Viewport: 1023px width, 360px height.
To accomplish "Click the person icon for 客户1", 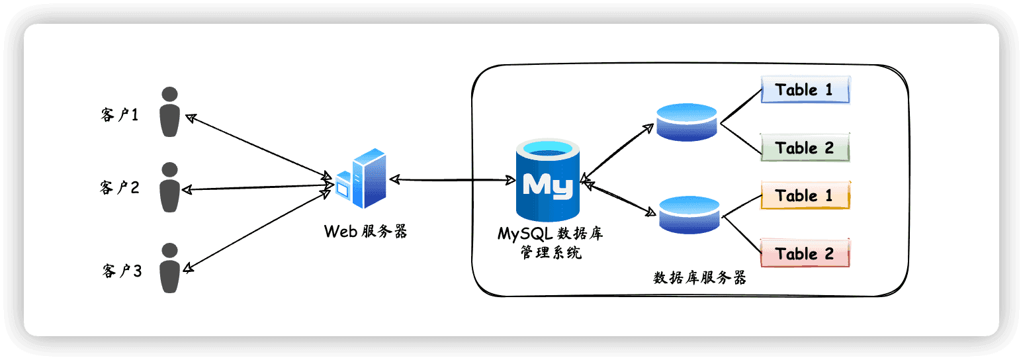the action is (169, 112).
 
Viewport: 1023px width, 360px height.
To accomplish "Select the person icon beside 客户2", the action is (169, 187).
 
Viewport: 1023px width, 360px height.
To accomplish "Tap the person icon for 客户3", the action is (169, 268).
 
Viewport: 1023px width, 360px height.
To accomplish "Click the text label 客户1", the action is (120, 114).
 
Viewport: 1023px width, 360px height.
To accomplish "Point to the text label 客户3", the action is (122, 271).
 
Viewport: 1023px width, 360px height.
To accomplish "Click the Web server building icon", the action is (361, 178).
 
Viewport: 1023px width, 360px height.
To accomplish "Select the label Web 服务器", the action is (365, 231).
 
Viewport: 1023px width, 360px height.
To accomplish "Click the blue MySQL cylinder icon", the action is (548, 180).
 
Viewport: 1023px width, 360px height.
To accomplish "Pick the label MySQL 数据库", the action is (551, 234).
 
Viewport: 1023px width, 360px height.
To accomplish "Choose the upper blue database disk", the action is (687, 122).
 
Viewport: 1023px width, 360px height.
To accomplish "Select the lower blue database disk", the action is (689, 214).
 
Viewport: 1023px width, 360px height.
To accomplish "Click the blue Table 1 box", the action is (805, 90).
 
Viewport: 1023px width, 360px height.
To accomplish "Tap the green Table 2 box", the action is (805, 148).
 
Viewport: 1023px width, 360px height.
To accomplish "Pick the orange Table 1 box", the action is (805, 195).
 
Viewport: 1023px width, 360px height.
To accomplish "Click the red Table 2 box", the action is (805, 253).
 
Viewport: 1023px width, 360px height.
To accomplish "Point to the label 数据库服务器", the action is (699, 277).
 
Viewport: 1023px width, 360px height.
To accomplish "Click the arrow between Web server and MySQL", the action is (453, 180).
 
